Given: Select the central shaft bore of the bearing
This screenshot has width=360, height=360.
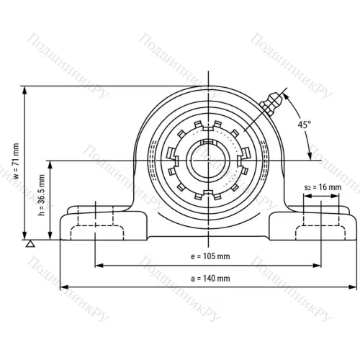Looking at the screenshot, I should [x=208, y=160].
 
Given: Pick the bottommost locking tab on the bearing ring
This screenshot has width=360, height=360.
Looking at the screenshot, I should [x=208, y=194].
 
